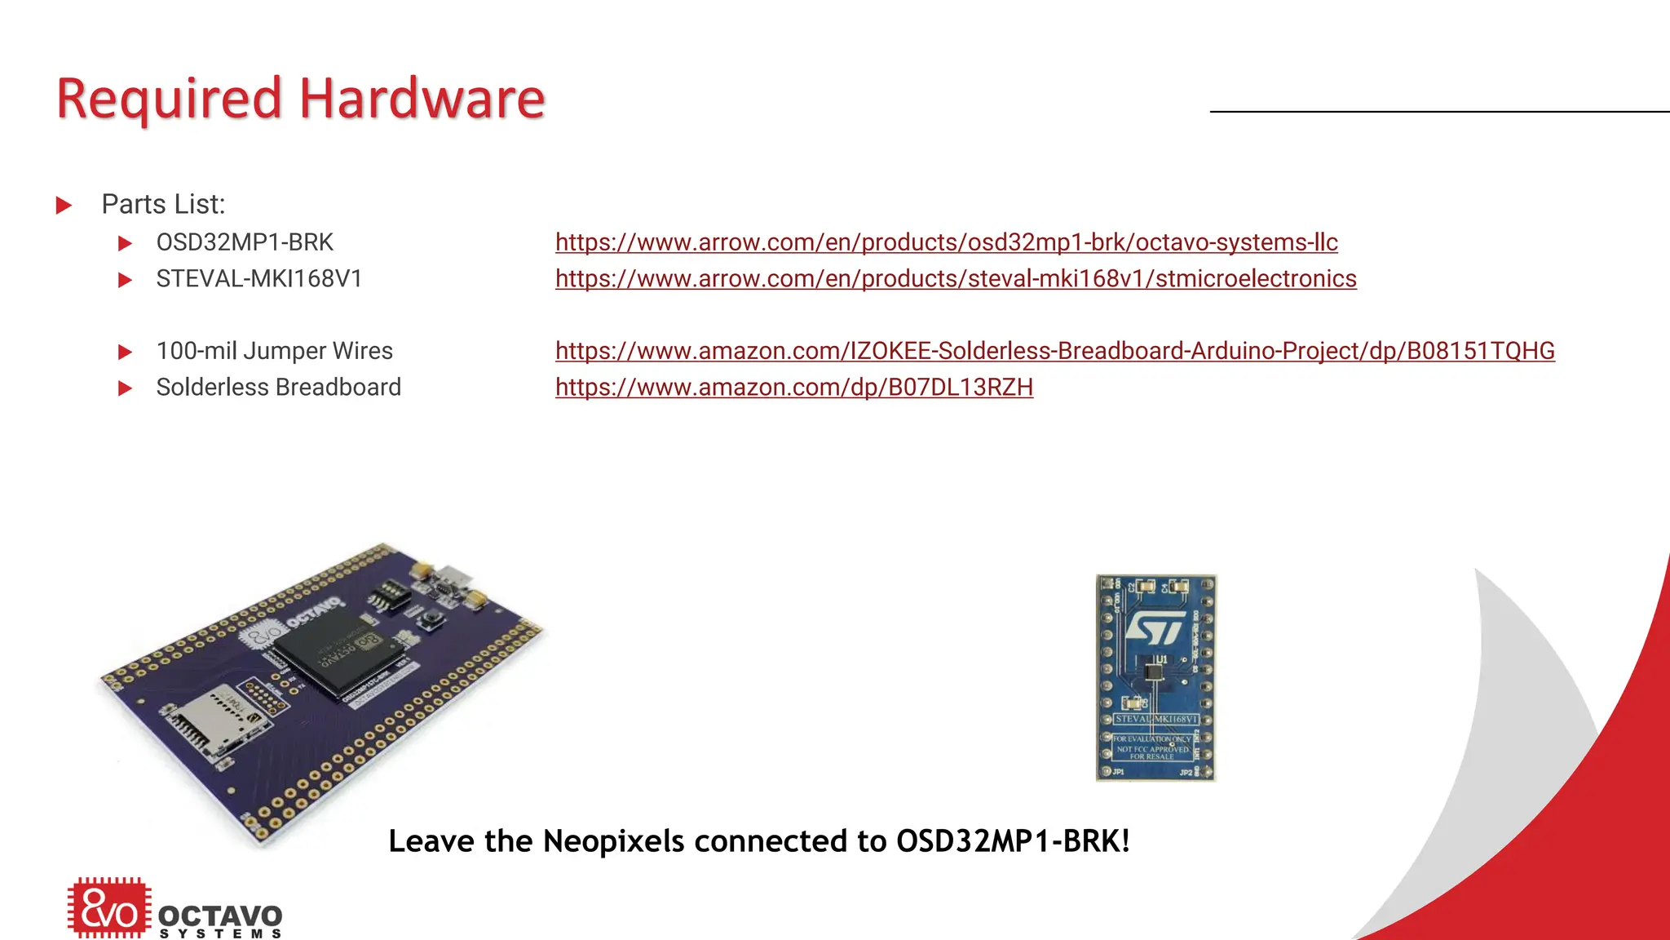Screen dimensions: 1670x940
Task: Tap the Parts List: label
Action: pyautogui.click(x=163, y=204)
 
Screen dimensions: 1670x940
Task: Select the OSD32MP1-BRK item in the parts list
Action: pyautogui.click(x=245, y=242)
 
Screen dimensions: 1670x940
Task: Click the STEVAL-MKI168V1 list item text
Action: pyautogui.click(x=258, y=279)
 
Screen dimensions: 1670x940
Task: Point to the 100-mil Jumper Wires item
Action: pyautogui.click(x=274, y=351)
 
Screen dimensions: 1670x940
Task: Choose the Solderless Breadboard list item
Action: pyautogui.click(x=278, y=387)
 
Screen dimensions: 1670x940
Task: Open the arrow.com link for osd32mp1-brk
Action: pyautogui.click(x=946, y=242)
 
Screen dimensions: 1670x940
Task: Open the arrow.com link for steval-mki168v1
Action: pyautogui.click(x=956, y=279)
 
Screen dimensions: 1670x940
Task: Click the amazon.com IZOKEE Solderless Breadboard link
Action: pyautogui.click(x=1054, y=351)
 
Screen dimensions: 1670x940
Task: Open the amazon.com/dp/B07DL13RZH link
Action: pyautogui.click(x=793, y=387)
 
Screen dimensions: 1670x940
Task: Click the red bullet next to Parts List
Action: pyautogui.click(x=64, y=205)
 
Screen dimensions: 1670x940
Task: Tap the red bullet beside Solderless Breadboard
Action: pyautogui.click(x=125, y=388)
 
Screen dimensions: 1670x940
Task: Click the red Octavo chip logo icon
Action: pyautogui.click(x=108, y=907)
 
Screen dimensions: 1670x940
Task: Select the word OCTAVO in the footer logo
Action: pyautogui.click(x=220, y=916)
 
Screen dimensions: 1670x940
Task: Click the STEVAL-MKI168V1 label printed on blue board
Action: pyautogui.click(x=1155, y=719)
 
